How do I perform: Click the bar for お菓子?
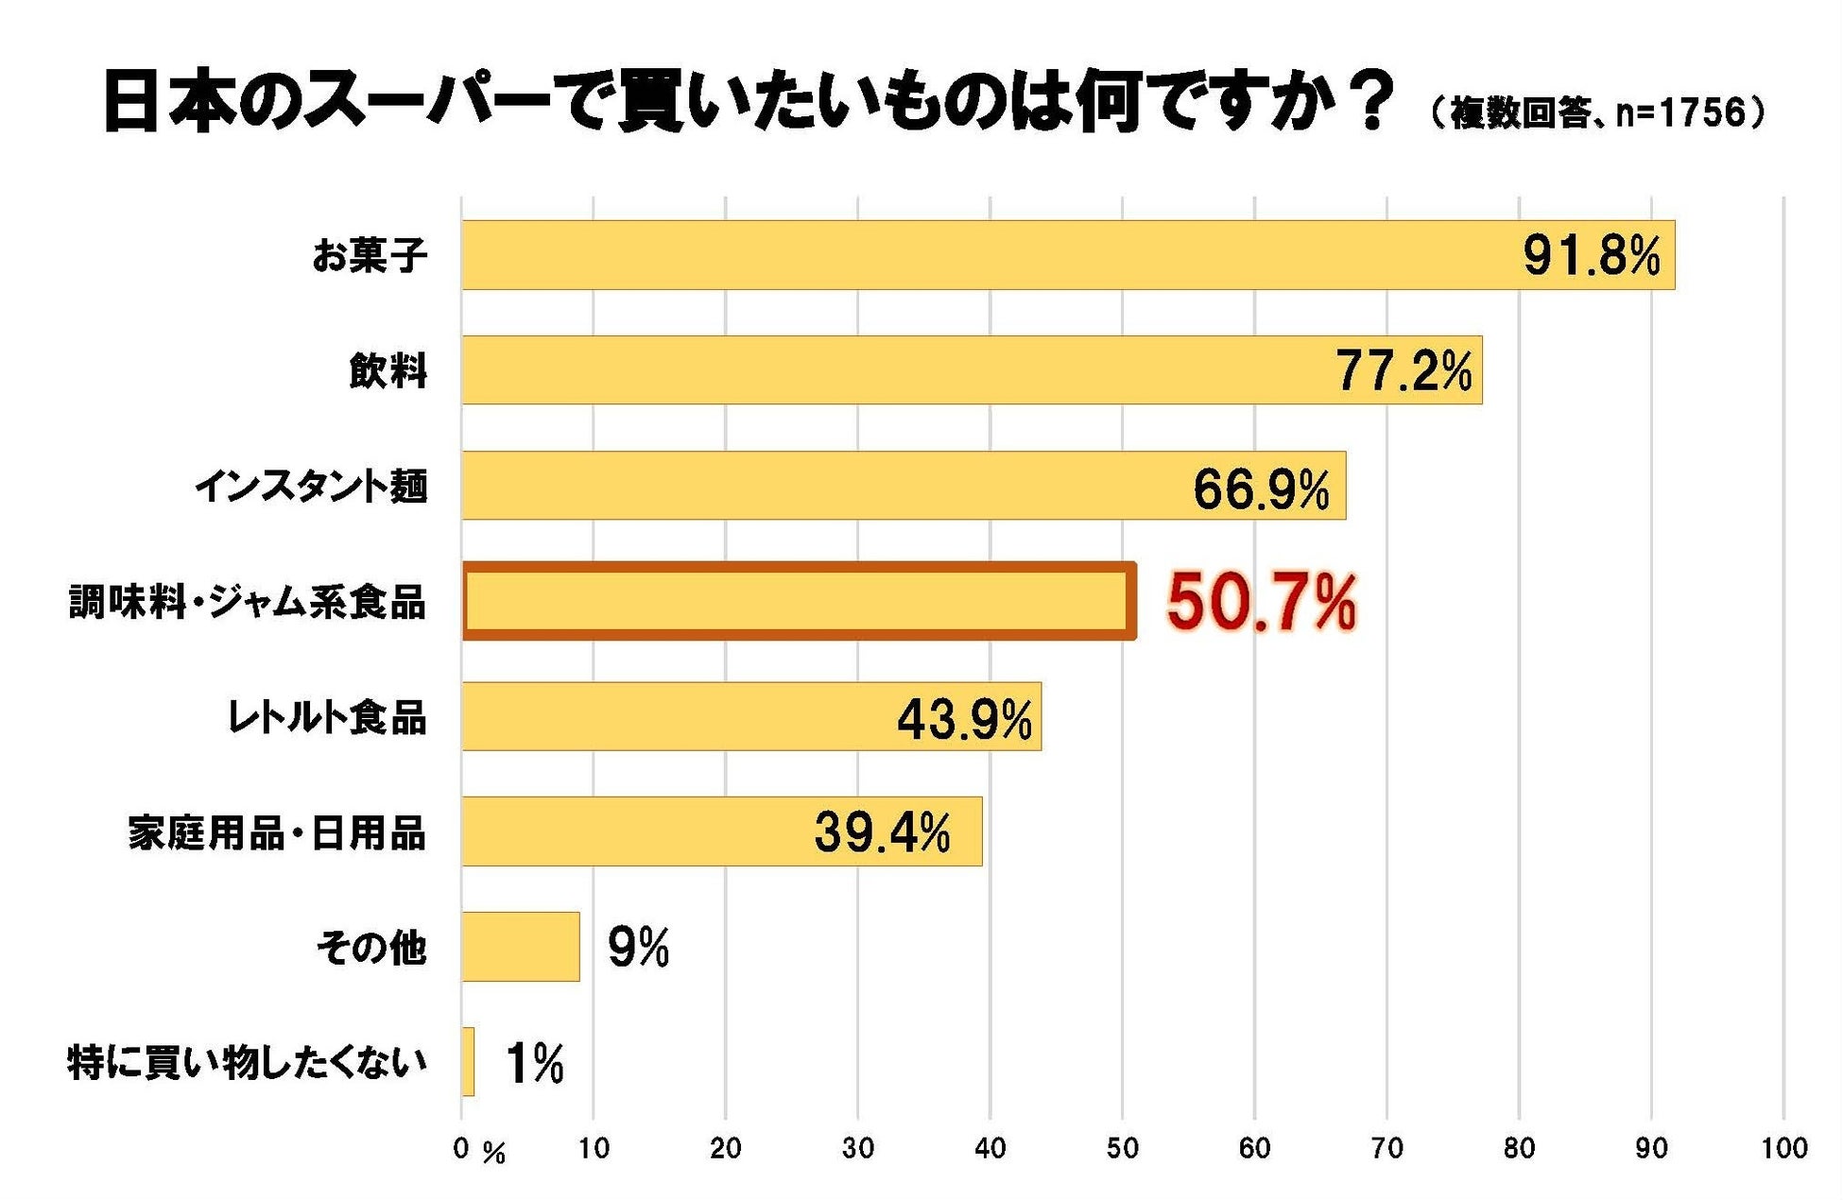pos(1068,255)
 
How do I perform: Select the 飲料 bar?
pos(972,370)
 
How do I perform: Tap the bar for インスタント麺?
pos(904,486)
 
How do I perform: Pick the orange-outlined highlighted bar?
pos(799,601)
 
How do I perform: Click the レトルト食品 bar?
pos(751,716)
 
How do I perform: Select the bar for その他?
pos(521,947)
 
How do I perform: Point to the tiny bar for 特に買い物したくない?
pos(468,1062)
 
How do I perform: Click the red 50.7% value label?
pos(1262,602)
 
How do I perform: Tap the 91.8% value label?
pos(1592,255)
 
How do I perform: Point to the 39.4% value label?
pos(882,832)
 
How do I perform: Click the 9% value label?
pos(638,947)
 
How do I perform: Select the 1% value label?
pos(535,1063)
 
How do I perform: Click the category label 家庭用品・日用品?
pos(277,833)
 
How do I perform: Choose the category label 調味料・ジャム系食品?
pos(248,602)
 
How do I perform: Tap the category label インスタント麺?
pos(311,487)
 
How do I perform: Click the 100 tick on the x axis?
pos(1783,1148)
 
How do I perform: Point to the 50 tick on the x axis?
pos(1122,1148)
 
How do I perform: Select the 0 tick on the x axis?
pos(461,1148)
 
